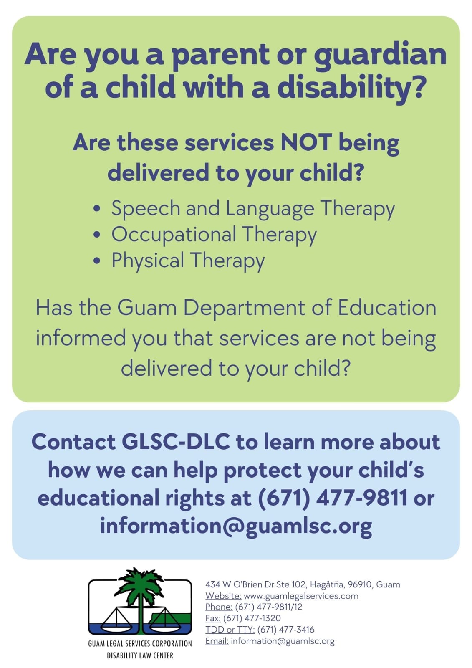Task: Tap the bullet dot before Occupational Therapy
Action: click(97, 234)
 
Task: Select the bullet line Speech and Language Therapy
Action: click(252, 208)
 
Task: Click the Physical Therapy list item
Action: click(188, 260)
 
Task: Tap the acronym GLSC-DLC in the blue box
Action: click(175, 442)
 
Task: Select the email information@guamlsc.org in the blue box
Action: click(236, 526)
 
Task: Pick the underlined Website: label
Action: click(223, 596)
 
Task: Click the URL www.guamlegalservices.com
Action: click(301, 596)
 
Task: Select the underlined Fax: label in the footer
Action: click(213, 618)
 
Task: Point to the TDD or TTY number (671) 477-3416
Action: click(286, 630)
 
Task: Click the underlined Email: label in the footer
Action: click(217, 641)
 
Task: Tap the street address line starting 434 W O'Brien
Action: click(303, 584)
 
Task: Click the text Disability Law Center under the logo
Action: click(140, 655)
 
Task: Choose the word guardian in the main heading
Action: click(380, 54)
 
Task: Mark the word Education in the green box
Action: click(387, 308)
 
